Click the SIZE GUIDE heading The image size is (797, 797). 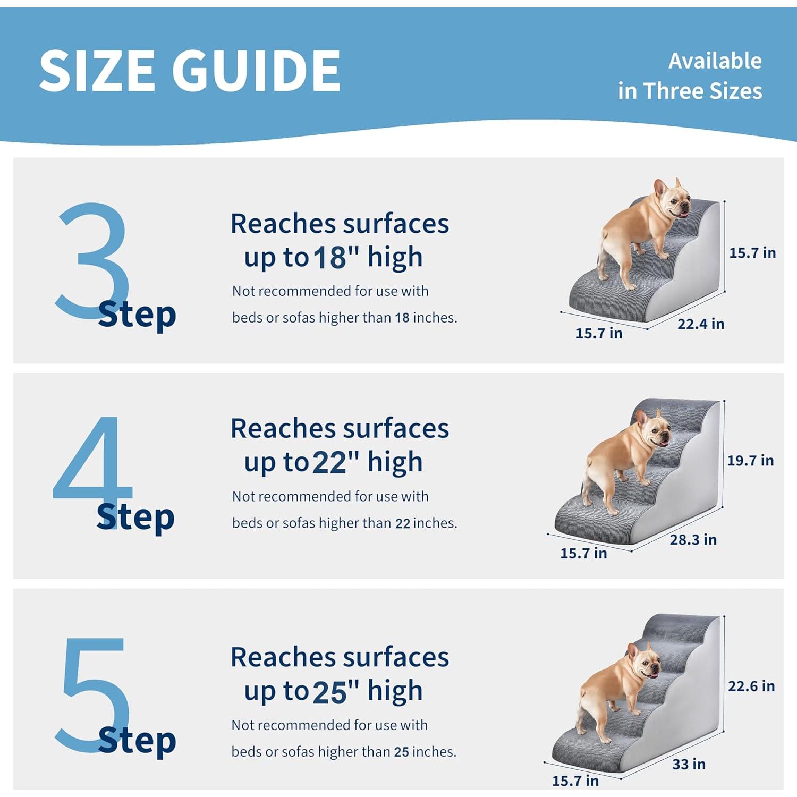point(190,71)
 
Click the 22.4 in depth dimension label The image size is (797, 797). point(700,324)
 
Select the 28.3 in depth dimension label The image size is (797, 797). point(693,540)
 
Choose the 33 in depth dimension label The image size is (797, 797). point(689,764)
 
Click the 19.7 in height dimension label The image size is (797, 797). point(750,461)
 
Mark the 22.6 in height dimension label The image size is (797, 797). point(751,686)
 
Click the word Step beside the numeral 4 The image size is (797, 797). point(135,518)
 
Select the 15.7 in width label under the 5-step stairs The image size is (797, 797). point(575,781)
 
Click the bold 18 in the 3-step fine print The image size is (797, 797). point(402,318)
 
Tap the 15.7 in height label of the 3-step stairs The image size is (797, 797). point(752,253)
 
